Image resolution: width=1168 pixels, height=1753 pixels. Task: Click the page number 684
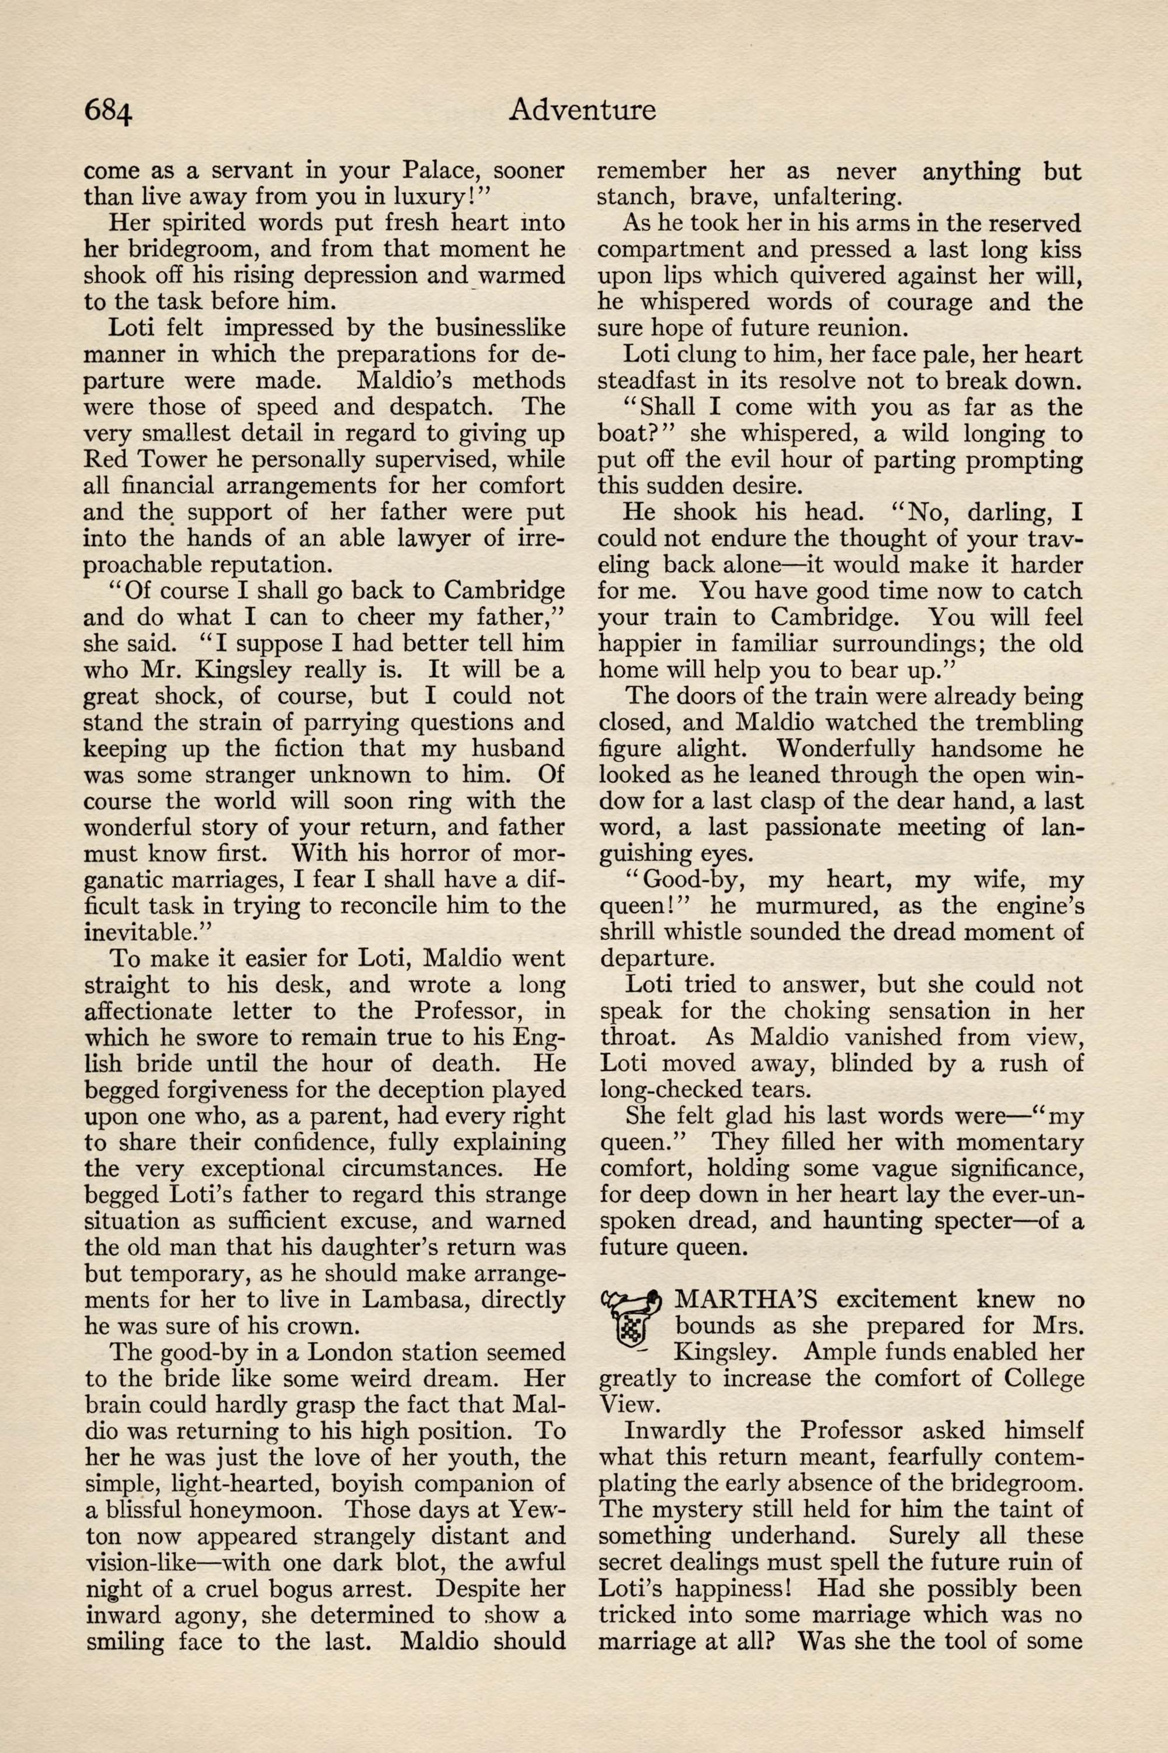coord(108,111)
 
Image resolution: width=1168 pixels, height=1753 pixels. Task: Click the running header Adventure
coord(582,110)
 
